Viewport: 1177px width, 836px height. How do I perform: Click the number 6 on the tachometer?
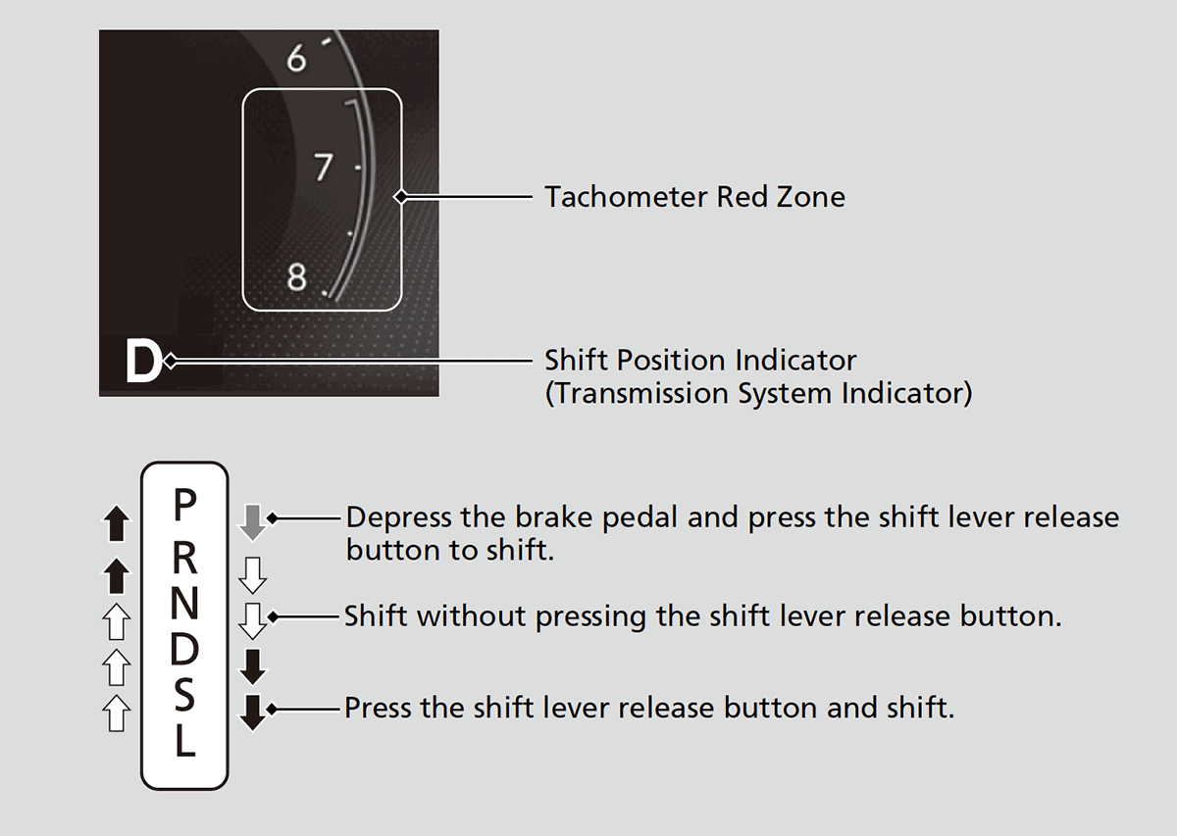pyautogui.click(x=296, y=58)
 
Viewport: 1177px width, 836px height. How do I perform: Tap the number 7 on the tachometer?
pyautogui.click(x=323, y=167)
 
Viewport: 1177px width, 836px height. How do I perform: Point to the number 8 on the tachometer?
pyautogui.click(x=297, y=276)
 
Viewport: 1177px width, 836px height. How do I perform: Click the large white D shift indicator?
pyautogui.click(x=143, y=361)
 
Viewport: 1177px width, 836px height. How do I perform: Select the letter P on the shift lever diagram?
pyautogui.click(x=184, y=505)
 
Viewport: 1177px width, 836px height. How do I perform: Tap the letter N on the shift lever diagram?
pyautogui.click(x=184, y=603)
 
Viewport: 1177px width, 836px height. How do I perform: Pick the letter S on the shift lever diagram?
pyautogui.click(x=184, y=695)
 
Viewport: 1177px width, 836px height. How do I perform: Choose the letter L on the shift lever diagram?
pyautogui.click(x=185, y=740)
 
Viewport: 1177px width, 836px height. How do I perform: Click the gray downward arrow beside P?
pyautogui.click(x=253, y=522)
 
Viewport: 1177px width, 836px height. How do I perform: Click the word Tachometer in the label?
pyautogui.click(x=627, y=197)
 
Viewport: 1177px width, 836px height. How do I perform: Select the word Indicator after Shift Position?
pyautogui.click(x=795, y=361)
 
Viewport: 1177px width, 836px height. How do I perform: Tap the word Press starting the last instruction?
pyautogui.click(x=379, y=708)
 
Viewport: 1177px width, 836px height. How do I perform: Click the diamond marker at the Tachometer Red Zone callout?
pyautogui.click(x=401, y=197)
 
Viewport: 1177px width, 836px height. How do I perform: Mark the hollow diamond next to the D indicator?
pyautogui.click(x=171, y=362)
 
